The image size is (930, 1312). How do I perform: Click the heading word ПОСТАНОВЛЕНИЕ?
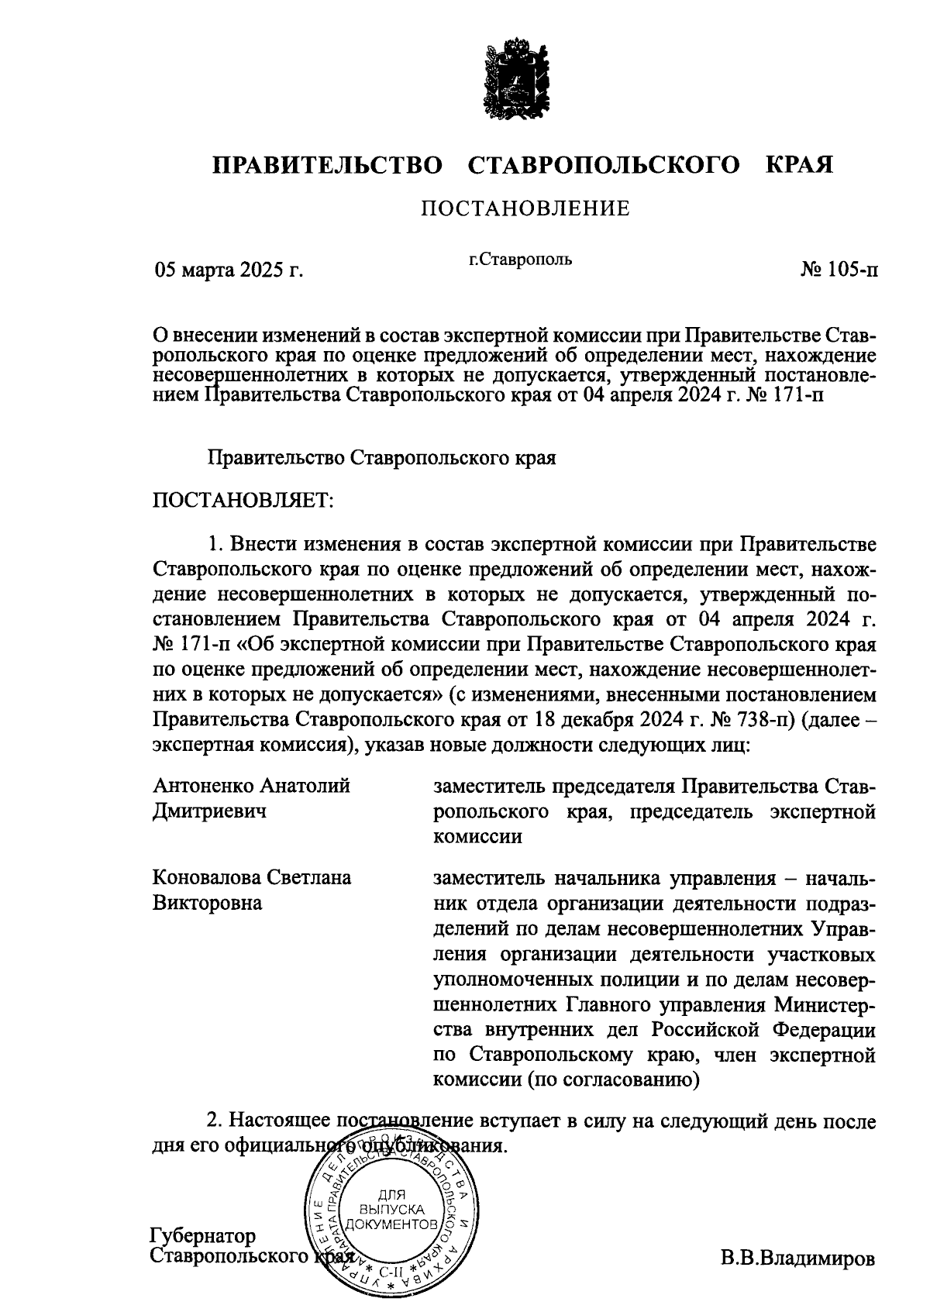pos(525,208)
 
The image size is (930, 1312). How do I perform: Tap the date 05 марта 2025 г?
pos(228,270)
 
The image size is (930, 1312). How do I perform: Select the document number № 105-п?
pos(840,270)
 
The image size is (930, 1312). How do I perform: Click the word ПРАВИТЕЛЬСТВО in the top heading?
pos(328,165)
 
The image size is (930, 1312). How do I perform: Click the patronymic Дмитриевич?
pos(209,811)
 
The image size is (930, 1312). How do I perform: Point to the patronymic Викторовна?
pos(207,903)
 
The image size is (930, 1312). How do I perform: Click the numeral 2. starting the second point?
pos(215,1121)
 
